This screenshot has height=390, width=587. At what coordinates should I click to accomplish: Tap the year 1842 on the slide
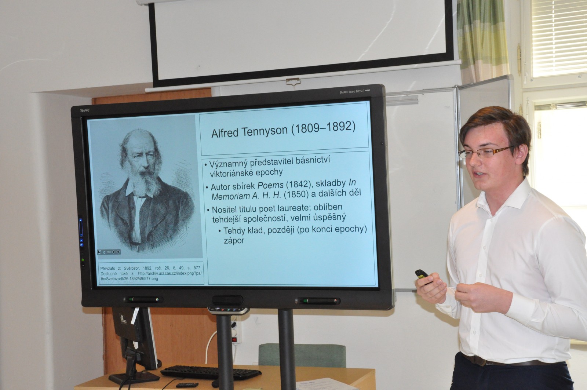(299, 184)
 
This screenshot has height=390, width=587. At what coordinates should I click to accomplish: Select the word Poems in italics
(270, 185)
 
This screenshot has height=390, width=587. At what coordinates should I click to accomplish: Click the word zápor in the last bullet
(234, 241)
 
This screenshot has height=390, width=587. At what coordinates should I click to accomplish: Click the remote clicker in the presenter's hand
(422, 276)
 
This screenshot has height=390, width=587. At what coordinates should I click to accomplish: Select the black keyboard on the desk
(211, 372)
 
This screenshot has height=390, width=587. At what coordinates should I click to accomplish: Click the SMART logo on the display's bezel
(85, 110)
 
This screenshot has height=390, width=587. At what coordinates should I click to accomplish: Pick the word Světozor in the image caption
(132, 268)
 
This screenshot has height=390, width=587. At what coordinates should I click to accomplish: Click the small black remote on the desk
(187, 385)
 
